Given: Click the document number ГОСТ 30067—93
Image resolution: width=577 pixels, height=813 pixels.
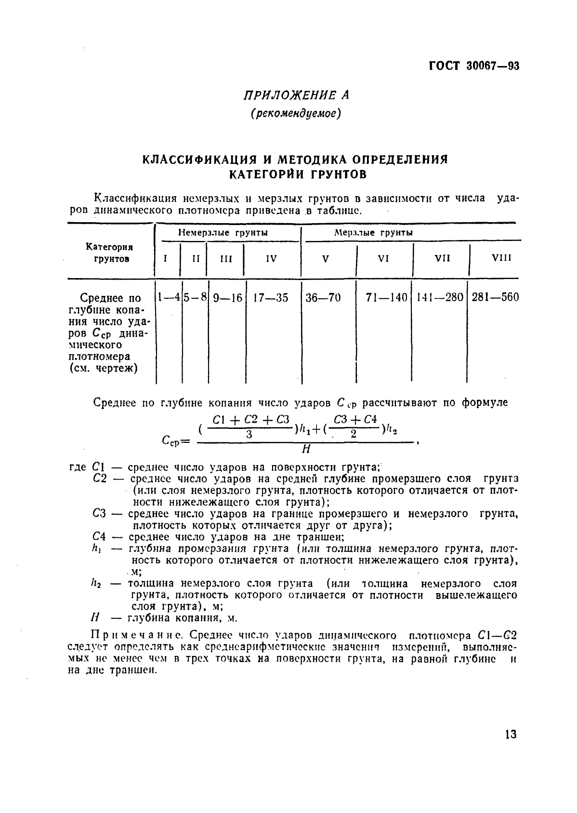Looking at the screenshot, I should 474,67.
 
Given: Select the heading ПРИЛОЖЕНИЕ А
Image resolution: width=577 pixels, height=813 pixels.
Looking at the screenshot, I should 296,95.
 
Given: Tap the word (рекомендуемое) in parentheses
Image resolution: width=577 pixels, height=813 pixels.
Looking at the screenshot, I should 296,114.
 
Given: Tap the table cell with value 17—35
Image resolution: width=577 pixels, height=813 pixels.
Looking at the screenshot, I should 271,298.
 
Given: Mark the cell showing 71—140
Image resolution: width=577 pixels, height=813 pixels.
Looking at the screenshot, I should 386,298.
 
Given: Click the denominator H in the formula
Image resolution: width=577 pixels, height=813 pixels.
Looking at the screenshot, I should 305,450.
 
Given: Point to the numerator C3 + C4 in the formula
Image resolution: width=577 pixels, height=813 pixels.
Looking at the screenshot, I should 355,419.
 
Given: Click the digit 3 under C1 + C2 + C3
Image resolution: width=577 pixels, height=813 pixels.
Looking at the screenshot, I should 249,434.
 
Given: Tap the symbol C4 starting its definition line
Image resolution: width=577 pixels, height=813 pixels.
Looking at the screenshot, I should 98,537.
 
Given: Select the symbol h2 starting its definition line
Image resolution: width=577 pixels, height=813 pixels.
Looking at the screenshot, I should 95,584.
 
